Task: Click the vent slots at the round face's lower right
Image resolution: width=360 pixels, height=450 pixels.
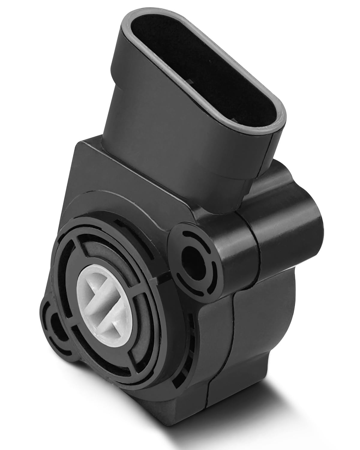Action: [186, 354]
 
